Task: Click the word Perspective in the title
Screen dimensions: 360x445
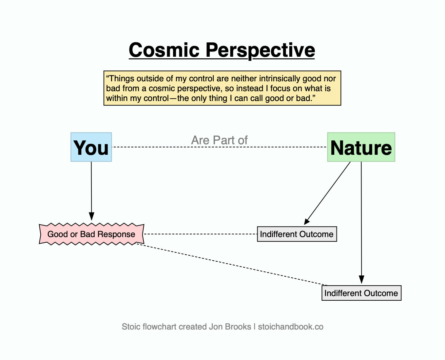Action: click(x=260, y=50)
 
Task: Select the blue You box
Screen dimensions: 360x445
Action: click(x=91, y=147)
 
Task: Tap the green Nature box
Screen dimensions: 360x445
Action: click(x=361, y=147)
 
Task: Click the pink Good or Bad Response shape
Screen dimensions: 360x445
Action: click(x=91, y=234)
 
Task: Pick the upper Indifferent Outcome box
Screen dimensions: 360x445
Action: click(x=297, y=234)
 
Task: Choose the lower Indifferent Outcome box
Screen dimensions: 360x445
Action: click(x=361, y=293)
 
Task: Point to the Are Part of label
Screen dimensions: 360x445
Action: click(x=219, y=140)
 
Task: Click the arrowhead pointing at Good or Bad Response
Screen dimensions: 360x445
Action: click(x=91, y=216)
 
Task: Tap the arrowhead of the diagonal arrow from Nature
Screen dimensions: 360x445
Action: click(x=307, y=221)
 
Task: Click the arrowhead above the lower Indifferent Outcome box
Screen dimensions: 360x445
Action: click(x=361, y=279)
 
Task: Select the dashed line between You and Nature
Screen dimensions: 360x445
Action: click(x=220, y=147)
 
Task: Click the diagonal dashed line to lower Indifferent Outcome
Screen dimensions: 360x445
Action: click(x=229, y=264)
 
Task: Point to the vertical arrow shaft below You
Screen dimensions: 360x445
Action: click(x=91, y=187)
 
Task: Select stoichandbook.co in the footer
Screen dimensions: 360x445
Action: click(x=291, y=327)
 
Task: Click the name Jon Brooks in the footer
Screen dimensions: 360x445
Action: click(x=230, y=327)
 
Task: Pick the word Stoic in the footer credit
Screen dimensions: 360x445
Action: click(x=131, y=327)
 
